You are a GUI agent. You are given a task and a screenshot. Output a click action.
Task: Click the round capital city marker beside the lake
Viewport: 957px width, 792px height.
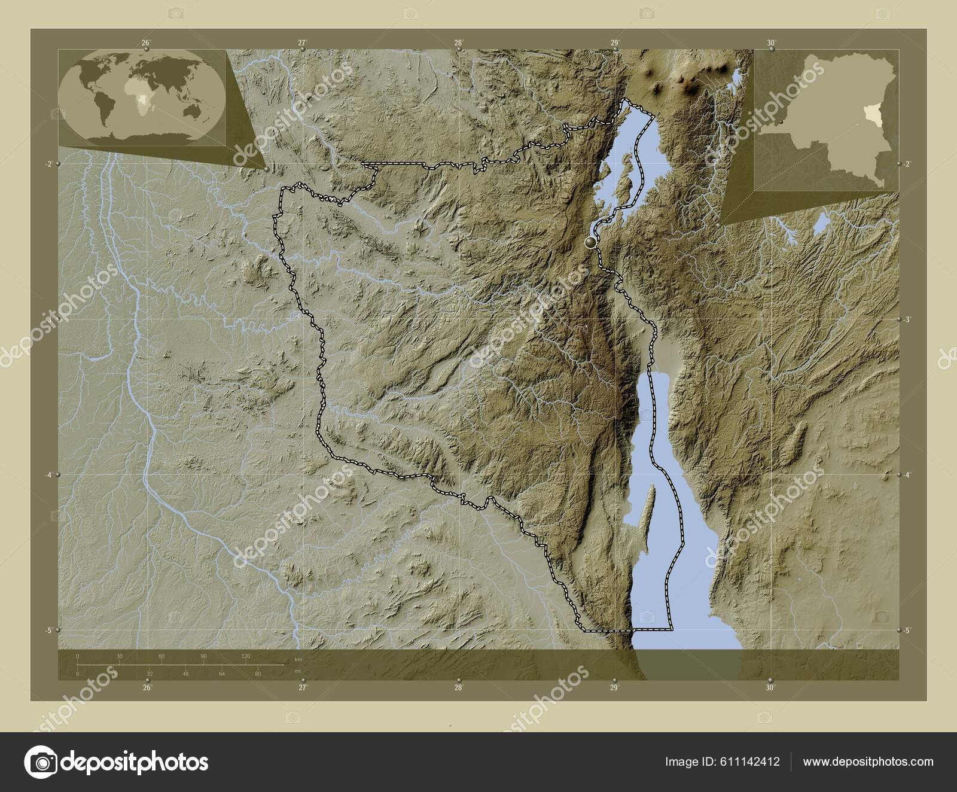coord(591,242)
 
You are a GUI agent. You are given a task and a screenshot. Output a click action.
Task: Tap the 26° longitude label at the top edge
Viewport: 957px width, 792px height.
coord(146,42)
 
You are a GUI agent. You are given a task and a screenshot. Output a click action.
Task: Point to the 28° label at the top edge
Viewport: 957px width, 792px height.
coord(458,42)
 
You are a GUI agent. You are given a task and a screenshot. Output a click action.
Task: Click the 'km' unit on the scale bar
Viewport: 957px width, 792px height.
coord(298,659)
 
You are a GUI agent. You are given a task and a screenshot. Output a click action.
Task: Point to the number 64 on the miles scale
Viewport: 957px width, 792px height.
coord(222,674)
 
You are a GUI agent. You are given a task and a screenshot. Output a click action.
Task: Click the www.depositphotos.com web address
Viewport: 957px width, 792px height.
coord(868,761)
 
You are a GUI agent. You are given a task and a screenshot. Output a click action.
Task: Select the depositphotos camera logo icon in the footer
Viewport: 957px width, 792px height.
coord(41,762)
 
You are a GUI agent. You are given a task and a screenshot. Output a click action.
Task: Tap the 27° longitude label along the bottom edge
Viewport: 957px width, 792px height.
coord(303,688)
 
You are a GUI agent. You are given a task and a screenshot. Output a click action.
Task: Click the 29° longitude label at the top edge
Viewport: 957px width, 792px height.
coord(614,42)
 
